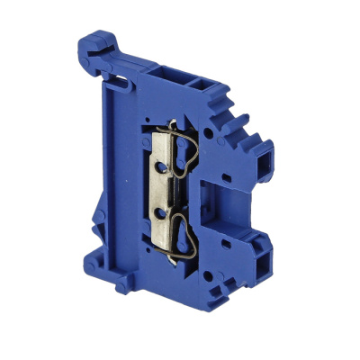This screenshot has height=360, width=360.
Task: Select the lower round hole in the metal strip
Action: pyautogui.click(x=163, y=212)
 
